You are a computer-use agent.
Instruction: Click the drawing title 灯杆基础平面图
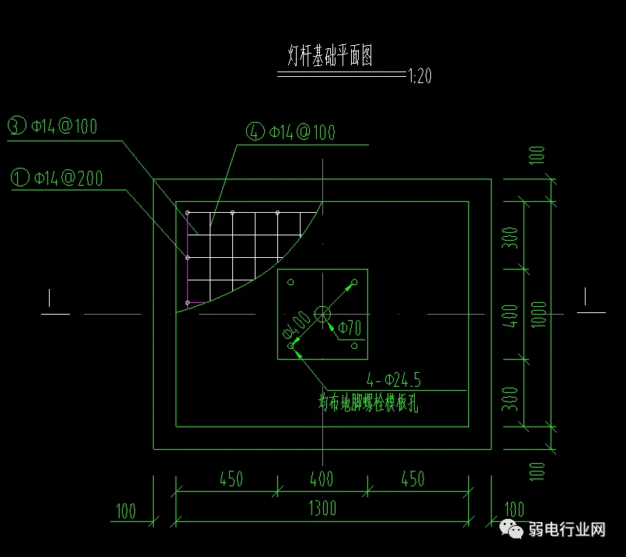pos(330,55)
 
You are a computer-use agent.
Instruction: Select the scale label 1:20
pos(419,76)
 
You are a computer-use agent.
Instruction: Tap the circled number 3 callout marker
pos(17,125)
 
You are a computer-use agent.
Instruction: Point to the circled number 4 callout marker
pos(255,131)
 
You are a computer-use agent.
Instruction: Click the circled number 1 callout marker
pos(20,177)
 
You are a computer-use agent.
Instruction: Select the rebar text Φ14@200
pos(68,178)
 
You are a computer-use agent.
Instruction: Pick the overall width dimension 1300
pos(322,508)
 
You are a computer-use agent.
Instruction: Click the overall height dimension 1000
pos(538,315)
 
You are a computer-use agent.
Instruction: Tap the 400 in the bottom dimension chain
pos(322,479)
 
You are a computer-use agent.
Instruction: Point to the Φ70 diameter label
pos(350,328)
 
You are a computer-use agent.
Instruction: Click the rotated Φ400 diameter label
pos(296,325)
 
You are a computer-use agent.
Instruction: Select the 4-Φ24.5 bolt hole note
pos(394,380)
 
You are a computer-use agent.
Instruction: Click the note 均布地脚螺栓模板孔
pos(368,402)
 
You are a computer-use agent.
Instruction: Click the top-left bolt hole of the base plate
pos(290,282)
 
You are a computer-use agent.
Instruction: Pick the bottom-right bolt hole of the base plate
pos(354,346)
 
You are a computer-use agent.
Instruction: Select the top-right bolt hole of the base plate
pos(354,282)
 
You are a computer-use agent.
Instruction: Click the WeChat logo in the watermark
pos(511,529)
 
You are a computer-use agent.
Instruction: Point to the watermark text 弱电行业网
pos(567,530)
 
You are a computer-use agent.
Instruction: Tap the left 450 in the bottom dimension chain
pos(231,479)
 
